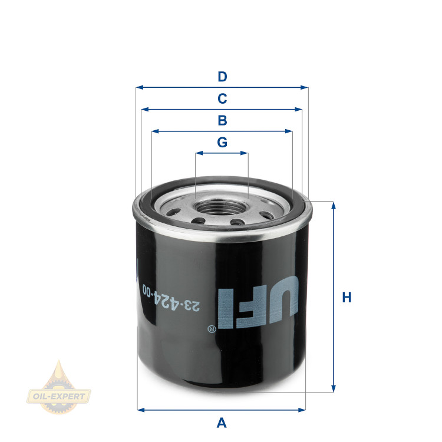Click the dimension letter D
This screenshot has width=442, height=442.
click(222, 77)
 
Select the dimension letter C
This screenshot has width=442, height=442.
click(222, 98)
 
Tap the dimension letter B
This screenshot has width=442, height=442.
click(222, 120)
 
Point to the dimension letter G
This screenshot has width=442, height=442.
click(222, 142)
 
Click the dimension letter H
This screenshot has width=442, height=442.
click(347, 298)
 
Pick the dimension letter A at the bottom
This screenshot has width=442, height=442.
click(222, 423)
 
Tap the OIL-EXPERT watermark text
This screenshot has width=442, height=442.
click(59, 396)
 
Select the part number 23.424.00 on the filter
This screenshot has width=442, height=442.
click(171, 298)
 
